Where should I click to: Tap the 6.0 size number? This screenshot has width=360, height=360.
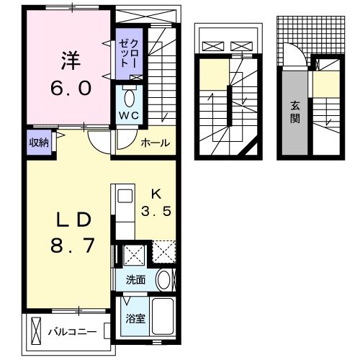[x=71, y=88]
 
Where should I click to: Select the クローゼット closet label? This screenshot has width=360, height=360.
[x=129, y=53]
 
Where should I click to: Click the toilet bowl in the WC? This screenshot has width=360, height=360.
[x=129, y=99]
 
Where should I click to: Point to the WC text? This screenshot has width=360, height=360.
[x=129, y=116]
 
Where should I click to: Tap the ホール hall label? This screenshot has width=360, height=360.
[x=156, y=143]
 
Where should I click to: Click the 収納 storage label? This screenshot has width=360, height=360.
[x=39, y=143]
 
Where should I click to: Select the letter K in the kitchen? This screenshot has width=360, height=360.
[x=156, y=194]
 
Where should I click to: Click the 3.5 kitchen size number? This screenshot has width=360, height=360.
[x=156, y=211]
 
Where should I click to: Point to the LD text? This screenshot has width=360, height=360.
[x=74, y=220]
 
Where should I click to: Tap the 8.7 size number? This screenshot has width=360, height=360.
[x=72, y=246]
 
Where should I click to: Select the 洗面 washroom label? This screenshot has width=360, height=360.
[x=135, y=280]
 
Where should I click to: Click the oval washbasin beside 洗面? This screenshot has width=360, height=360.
[x=163, y=280]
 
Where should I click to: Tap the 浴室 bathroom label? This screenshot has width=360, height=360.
[x=135, y=319]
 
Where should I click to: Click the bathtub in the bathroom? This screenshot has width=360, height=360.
[x=163, y=317]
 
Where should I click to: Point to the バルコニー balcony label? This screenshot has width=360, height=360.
[x=73, y=332]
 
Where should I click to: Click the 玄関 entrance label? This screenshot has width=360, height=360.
[x=294, y=112]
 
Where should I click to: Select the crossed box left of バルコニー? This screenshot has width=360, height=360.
[x=36, y=331]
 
